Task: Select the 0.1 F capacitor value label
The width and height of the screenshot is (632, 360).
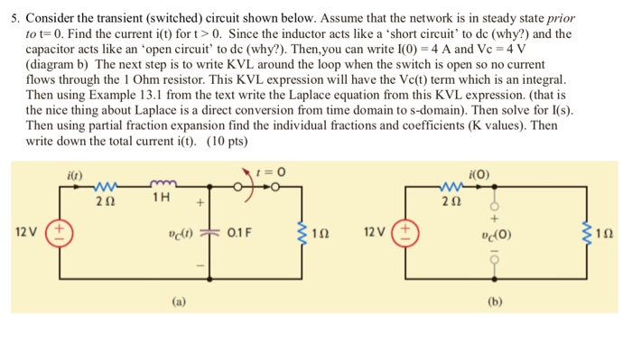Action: pyautogui.click(x=246, y=235)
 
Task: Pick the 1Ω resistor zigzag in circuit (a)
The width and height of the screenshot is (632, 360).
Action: pyautogui.click(x=304, y=235)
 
